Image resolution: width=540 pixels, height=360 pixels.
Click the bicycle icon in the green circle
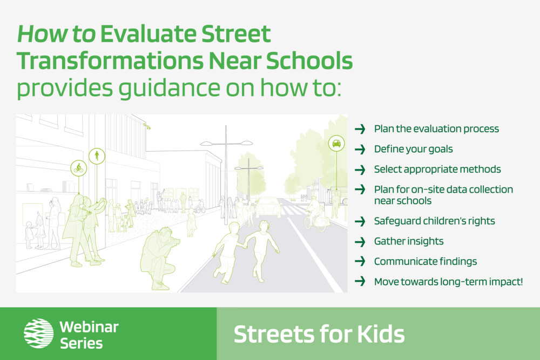click(x=78, y=168)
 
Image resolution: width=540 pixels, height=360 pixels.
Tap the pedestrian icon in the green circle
click(x=97, y=156)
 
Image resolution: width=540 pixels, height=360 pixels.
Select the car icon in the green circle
click(x=336, y=143)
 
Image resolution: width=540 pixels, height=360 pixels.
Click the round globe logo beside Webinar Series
click(x=38, y=333)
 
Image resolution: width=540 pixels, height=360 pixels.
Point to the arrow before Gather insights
click(x=360, y=241)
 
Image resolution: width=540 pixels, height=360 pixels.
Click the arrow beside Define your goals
click(x=360, y=149)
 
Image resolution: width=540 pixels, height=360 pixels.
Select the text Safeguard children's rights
click(x=434, y=221)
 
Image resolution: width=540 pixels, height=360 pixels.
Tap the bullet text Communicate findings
click(x=426, y=262)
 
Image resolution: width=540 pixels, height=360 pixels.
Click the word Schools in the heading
click(x=309, y=61)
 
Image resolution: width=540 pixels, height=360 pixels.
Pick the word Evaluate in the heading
click(x=148, y=33)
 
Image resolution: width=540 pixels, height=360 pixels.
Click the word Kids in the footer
click(x=381, y=334)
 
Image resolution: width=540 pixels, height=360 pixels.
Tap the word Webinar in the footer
click(x=89, y=327)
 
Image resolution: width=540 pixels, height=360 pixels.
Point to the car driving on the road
click(x=268, y=207)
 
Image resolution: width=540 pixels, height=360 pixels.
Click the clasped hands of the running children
click(x=246, y=247)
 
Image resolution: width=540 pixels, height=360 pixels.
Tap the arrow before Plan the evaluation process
click(x=360, y=129)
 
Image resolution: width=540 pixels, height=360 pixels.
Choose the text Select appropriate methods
click(x=437, y=169)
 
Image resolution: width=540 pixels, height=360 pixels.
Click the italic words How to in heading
click(x=57, y=33)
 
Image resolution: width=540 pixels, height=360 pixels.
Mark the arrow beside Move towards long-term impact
click(x=360, y=282)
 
